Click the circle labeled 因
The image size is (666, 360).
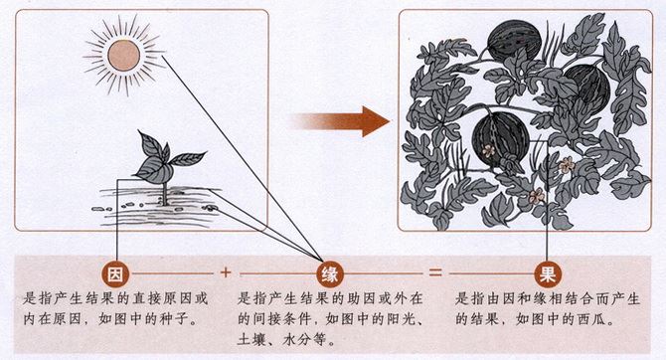click(115, 274)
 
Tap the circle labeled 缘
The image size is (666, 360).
click(329, 274)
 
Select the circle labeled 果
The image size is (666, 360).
click(548, 274)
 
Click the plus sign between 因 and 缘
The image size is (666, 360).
click(226, 272)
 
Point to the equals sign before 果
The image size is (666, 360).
click(435, 272)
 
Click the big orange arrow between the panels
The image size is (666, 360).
click(340, 121)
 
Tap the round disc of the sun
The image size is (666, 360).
click(123, 56)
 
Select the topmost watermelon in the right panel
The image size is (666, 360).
click(514, 41)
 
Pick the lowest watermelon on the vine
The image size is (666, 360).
click(501, 140)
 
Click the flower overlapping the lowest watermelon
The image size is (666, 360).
click(488, 150)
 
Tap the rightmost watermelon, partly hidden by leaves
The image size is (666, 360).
click(589, 89)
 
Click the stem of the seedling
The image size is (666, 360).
click(165, 193)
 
